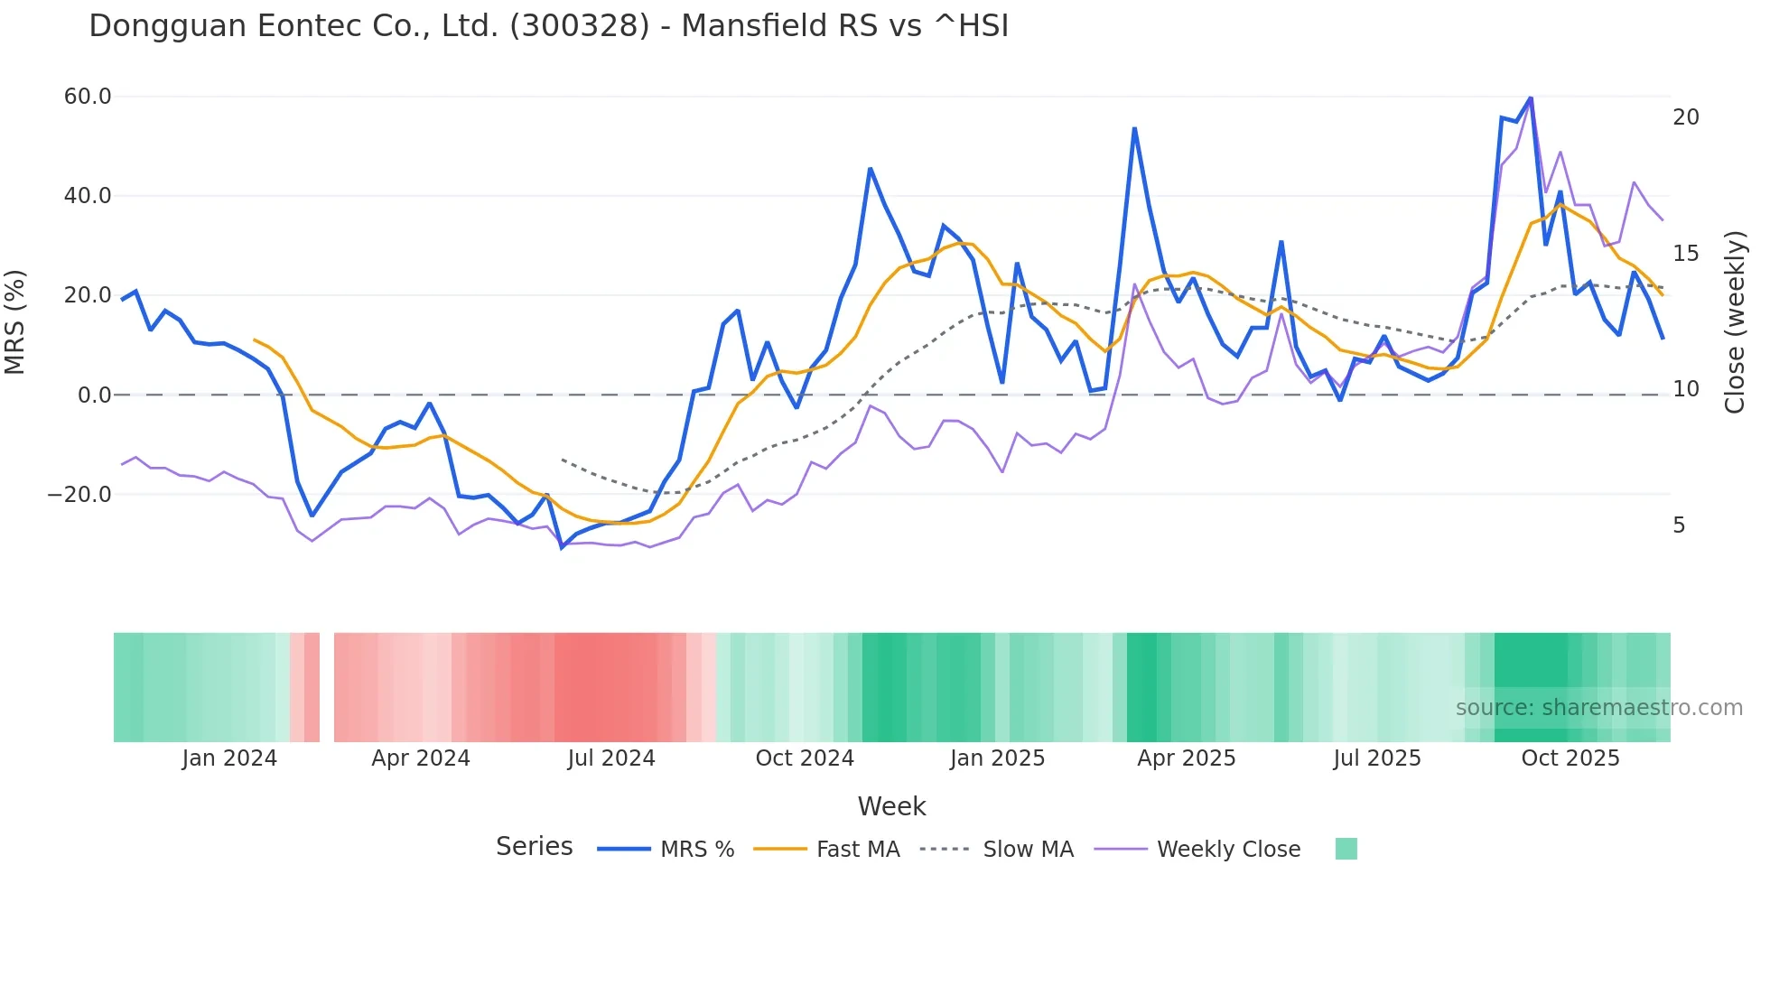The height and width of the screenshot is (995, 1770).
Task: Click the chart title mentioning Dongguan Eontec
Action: coord(548,26)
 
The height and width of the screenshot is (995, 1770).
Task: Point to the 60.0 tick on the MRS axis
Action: coord(88,97)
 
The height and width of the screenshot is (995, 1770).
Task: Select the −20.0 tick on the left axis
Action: coord(79,495)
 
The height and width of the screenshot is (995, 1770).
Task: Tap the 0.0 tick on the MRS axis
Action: coord(95,395)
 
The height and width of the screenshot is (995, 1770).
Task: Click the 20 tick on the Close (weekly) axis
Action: coord(1685,117)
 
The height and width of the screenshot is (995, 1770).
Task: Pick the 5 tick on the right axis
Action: coord(1679,525)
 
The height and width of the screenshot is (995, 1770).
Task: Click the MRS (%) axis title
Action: coord(15,322)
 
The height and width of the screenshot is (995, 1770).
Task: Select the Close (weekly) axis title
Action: coord(1734,322)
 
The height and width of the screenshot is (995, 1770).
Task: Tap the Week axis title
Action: coord(891,806)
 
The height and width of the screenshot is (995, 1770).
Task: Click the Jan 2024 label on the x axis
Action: coord(229,758)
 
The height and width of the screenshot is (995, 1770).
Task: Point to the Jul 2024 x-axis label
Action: coord(611,758)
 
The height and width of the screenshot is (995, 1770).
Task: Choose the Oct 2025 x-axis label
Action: coord(1570,758)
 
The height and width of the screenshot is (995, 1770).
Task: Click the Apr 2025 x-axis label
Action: coord(1186,758)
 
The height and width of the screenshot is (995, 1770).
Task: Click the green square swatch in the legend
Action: coord(1346,849)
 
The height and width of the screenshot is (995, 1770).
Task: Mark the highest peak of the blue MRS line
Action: coord(1530,98)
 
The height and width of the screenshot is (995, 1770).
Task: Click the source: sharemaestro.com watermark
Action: coord(1598,708)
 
